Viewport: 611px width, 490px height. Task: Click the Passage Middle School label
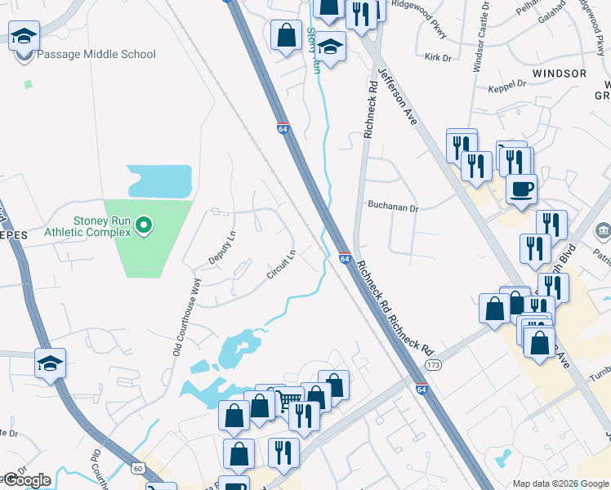96,55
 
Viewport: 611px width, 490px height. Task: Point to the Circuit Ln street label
280,265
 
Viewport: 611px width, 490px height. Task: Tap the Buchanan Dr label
392,207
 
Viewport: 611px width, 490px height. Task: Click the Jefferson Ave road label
397,96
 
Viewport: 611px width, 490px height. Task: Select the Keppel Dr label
506,84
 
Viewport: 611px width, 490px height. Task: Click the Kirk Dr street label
438,57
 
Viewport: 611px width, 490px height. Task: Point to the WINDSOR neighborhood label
559,73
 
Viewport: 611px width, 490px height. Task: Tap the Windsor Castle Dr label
477,37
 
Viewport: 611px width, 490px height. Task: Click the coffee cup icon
521,189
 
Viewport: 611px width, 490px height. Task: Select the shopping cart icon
287,401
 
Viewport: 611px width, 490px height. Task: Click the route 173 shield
433,364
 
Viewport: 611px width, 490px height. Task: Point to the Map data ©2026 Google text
560,483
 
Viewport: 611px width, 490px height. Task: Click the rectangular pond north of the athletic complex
159,181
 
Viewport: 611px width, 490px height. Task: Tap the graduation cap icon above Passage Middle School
25,36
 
